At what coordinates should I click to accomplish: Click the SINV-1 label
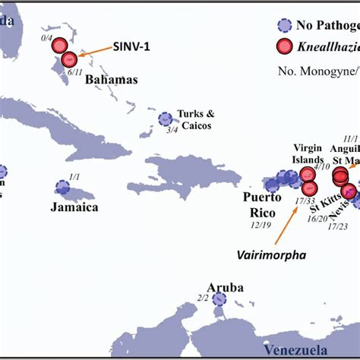[132, 46]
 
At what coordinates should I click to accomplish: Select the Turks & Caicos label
[195, 118]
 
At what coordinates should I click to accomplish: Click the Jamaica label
[74, 206]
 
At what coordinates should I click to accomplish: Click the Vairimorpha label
[270, 256]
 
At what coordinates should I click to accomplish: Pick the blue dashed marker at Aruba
[219, 299]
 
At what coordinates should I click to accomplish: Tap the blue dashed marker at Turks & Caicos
[165, 118]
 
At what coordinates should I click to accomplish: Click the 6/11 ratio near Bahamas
[74, 71]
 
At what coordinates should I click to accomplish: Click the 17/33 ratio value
[305, 201]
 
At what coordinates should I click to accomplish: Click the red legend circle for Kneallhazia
[284, 46]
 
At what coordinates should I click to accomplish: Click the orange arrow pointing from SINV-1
[94, 51]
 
